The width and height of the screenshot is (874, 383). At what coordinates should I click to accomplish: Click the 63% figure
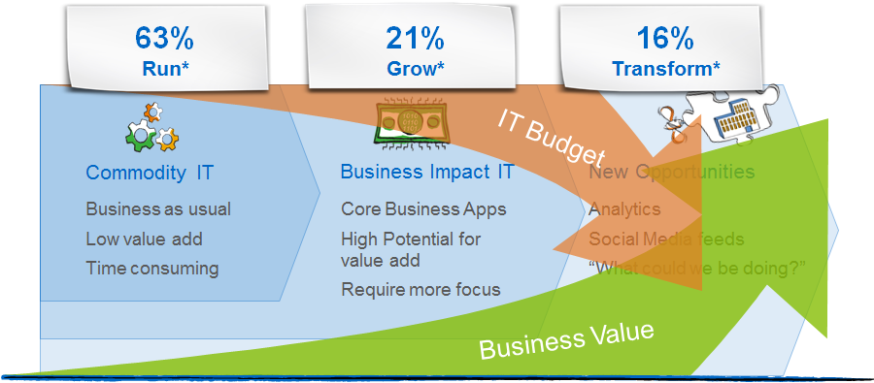pos(164,39)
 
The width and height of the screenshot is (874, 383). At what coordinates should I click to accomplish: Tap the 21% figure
pos(416,39)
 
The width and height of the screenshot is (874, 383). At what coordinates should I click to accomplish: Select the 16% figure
pos(665,39)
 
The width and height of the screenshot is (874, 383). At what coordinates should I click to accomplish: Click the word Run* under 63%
pos(164,68)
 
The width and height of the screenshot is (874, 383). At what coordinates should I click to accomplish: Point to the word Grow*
pos(416,68)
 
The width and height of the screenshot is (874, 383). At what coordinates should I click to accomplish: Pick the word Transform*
pos(665,68)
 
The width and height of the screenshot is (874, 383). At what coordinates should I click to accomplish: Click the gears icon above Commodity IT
pos(151,127)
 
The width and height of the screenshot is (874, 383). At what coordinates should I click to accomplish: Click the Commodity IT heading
pos(150,173)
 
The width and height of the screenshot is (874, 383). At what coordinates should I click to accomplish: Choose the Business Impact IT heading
pos(427,172)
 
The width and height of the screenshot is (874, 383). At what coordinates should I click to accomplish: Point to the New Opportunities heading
pos(672,172)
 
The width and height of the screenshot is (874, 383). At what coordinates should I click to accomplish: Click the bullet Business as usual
pos(158,209)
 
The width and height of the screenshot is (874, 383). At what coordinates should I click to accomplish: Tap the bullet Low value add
pos(144,239)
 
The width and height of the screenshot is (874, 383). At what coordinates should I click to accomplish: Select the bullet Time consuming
pos(152,269)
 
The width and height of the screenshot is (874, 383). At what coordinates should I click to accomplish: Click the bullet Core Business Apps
pos(423,209)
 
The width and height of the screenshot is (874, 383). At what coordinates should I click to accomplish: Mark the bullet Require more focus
pos(420,290)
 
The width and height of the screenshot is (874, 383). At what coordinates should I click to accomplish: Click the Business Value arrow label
pos(566,339)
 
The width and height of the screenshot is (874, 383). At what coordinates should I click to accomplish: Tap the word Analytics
pos(624,209)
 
